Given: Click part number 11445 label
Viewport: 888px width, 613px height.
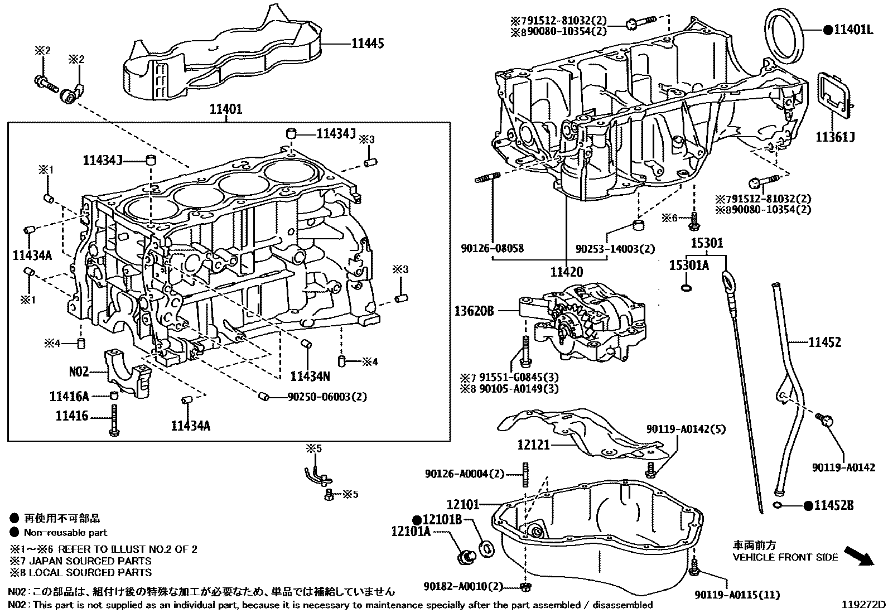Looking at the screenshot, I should click(x=367, y=44).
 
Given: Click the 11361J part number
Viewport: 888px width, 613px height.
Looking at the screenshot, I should click(x=835, y=137).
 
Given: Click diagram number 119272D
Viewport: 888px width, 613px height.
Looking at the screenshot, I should click(x=864, y=604).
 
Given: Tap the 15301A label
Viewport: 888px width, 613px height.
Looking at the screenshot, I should click(x=688, y=266).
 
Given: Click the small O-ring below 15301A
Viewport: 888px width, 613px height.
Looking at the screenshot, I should click(x=686, y=288).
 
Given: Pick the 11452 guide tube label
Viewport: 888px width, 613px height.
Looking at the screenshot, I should click(x=824, y=342).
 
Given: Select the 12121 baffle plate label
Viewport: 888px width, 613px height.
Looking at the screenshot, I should click(x=534, y=445).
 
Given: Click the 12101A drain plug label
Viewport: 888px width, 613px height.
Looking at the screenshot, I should click(x=411, y=532).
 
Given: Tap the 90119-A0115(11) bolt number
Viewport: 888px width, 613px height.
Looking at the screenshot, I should click(x=737, y=595).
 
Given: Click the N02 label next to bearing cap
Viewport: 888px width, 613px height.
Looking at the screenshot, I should click(x=79, y=371).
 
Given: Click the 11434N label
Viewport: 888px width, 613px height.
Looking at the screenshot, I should click(x=310, y=377).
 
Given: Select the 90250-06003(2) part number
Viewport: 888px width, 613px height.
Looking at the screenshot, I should click(x=327, y=397).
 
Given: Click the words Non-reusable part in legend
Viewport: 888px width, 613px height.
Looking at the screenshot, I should click(x=65, y=533).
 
